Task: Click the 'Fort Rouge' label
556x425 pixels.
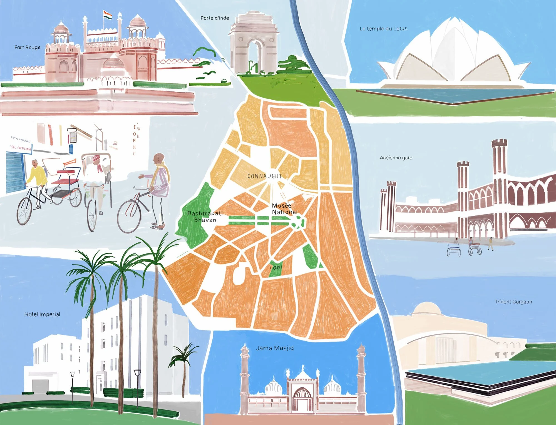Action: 27,48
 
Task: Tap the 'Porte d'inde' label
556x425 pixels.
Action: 215,18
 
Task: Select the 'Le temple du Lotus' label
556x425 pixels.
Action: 383,29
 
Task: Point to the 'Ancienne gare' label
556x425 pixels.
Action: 396,158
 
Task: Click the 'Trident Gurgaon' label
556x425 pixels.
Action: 513,302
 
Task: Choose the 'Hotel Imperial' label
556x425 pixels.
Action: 42,314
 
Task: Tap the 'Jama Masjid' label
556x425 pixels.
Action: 275,348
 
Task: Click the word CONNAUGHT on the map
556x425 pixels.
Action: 265,176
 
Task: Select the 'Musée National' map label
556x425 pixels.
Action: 284,209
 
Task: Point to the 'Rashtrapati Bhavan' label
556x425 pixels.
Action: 205,217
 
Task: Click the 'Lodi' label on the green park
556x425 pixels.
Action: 276,267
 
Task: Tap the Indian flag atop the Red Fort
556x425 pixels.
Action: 107,15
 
